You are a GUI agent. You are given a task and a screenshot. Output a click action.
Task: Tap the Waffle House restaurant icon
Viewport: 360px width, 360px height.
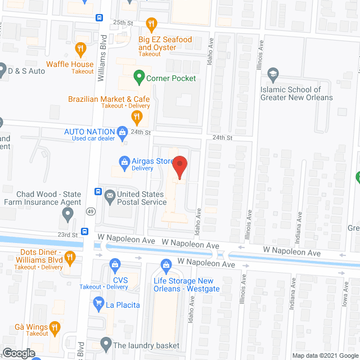click(x=80, y=49)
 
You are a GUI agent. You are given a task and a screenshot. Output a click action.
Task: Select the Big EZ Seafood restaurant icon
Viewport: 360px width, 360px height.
click(x=151, y=24)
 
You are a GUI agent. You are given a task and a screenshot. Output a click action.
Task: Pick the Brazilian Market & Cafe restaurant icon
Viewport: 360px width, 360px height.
click(x=136, y=118)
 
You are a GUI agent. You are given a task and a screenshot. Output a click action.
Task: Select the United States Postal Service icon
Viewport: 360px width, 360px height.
click(x=109, y=195)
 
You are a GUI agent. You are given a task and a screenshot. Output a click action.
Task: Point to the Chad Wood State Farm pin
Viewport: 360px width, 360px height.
click(x=68, y=213)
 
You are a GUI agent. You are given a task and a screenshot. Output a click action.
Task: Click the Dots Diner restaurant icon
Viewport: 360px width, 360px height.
click(x=70, y=258)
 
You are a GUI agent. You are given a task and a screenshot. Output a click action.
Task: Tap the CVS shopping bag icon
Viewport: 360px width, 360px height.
click(x=115, y=264)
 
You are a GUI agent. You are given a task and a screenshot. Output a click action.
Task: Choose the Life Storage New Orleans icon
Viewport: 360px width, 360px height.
click(x=166, y=265)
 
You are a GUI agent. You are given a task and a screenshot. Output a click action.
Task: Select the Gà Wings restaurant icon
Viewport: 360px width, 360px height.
click(x=55, y=326)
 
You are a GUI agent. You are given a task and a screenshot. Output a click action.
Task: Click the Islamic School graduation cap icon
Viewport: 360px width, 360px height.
click(x=273, y=74)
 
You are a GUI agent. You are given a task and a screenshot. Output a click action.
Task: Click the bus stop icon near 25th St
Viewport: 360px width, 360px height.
click(x=99, y=18)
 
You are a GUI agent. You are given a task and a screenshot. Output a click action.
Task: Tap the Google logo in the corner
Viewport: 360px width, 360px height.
click(x=18, y=353)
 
